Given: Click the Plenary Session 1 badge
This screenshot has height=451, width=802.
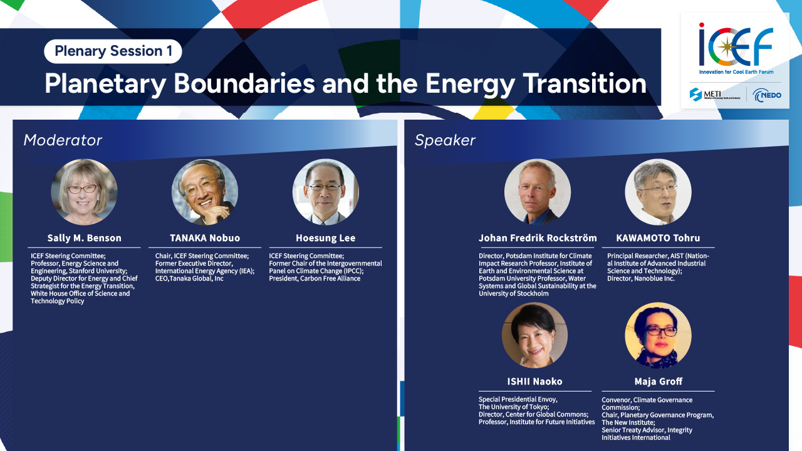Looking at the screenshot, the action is tap(113, 51).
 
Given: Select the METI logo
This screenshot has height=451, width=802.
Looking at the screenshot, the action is tap(715, 95).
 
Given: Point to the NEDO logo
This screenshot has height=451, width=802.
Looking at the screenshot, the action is tap(766, 95).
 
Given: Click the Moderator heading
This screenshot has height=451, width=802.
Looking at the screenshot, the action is tap(63, 140).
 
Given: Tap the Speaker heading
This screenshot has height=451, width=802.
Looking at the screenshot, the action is tap(445, 140).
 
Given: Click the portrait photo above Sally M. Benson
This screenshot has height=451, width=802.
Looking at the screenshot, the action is tap(84, 192).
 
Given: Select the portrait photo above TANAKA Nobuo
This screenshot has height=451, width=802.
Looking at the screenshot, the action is tap(205, 192).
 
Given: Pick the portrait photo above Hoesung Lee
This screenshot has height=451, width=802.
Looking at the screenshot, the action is tap(325, 192).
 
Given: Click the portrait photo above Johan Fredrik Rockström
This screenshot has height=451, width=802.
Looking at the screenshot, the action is tap(538, 192).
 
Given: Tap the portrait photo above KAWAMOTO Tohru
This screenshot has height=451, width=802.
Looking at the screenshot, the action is tap(658, 192).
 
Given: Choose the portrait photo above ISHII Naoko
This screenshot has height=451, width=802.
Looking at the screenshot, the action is tap(534, 335).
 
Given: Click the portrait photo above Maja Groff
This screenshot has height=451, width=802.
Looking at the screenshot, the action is tap(658, 335).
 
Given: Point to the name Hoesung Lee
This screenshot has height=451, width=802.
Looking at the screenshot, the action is tap(325, 238).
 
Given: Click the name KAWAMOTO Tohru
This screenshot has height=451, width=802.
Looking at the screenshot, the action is tap(658, 238).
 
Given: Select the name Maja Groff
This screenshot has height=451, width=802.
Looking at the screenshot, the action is tap(659, 381).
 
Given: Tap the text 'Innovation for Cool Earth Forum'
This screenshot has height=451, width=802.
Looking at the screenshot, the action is tap(736, 72).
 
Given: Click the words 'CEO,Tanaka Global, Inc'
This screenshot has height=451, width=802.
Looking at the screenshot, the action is tap(189, 279).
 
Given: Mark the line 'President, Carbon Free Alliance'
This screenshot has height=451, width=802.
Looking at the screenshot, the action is tap(315, 279).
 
